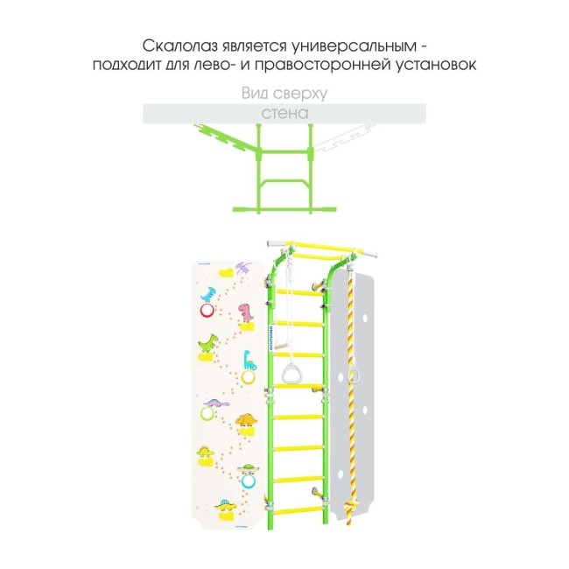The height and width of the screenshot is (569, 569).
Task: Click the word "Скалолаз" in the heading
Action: (173, 45)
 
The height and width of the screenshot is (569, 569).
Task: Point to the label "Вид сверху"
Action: (284, 94)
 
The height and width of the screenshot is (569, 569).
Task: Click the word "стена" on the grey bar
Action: (284, 114)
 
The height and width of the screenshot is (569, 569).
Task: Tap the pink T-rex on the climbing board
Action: (249, 309)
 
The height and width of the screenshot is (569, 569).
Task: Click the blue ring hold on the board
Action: (249, 480)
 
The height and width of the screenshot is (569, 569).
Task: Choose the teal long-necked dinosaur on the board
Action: (249, 359)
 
